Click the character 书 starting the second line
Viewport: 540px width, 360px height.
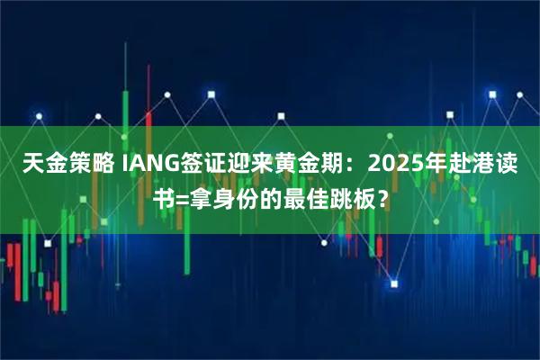[x=159, y=197]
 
